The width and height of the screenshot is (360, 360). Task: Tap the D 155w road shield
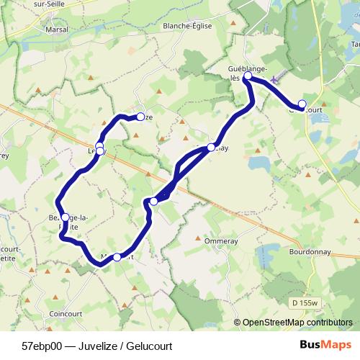pos(305,302)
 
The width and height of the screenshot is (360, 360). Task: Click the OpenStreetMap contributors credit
pos(297,323)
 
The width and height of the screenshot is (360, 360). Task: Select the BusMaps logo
pos(320,345)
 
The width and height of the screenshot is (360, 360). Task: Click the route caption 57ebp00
pos(42,346)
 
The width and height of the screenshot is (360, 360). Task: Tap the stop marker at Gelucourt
pos(302,104)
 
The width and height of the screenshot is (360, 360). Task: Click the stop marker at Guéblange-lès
pos(248,76)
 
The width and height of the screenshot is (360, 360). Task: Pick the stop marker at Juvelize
pos(140,116)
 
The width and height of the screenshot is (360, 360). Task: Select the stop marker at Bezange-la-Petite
pos(65,217)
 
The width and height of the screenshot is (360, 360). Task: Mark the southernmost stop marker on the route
pos(117,256)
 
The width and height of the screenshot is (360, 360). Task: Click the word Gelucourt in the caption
pos(148,346)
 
